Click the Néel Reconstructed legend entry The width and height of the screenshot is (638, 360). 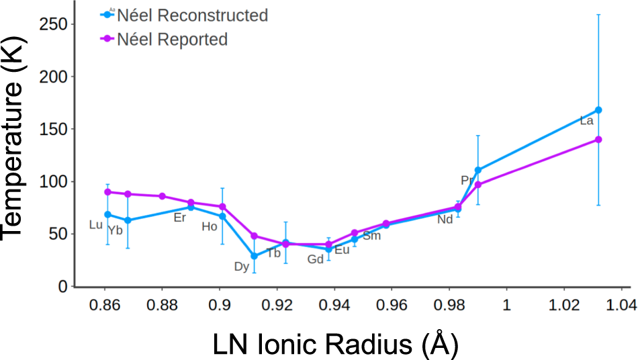point(192,15)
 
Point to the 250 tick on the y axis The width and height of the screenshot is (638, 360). point(54,24)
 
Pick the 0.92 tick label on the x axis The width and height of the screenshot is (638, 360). point(277,304)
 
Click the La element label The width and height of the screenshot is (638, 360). point(586,122)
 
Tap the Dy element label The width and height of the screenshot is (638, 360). point(241,267)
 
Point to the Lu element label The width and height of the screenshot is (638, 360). point(96,225)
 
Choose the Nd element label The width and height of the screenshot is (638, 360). point(445,220)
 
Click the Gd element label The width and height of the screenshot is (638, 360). point(315,260)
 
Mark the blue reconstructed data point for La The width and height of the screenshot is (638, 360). point(598,110)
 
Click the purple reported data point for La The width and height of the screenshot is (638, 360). point(598,140)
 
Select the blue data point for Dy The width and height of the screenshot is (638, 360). point(254,256)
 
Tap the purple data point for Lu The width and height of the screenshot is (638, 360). point(107,192)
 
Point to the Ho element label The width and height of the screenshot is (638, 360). point(210,227)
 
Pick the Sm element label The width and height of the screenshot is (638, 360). point(371,236)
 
